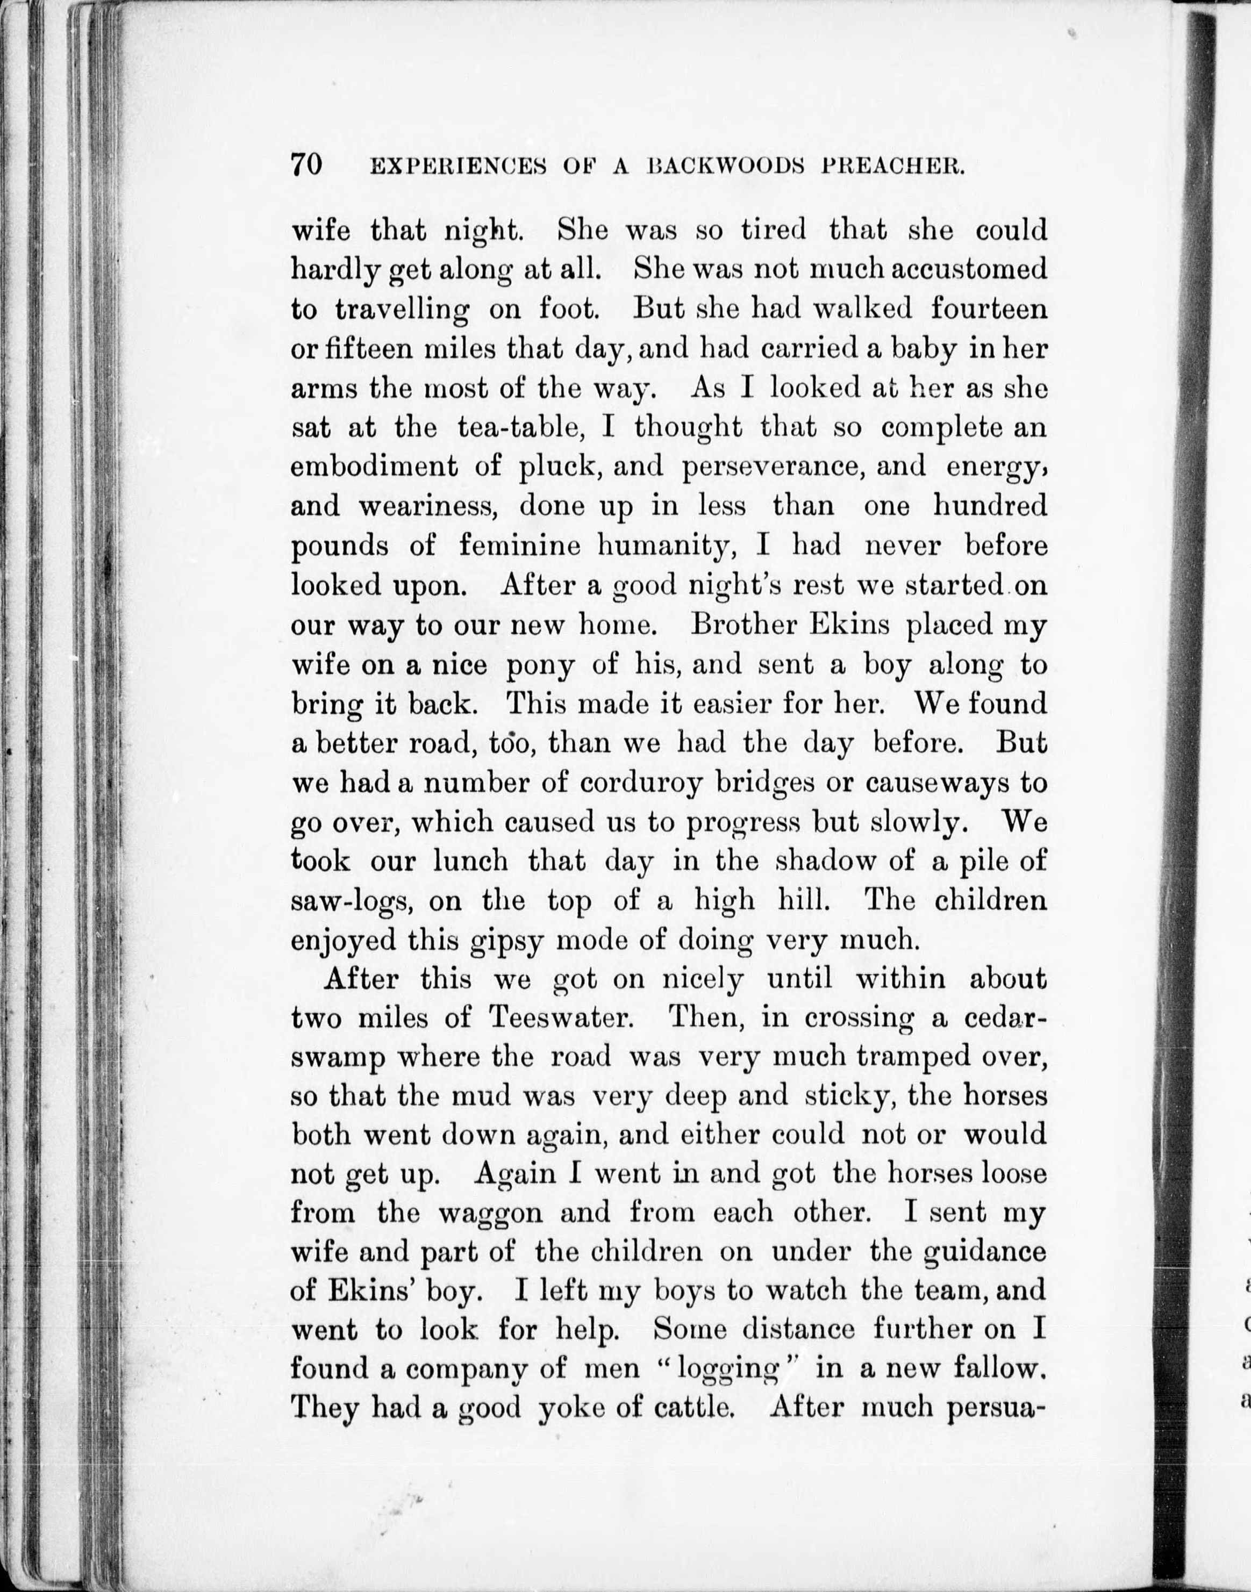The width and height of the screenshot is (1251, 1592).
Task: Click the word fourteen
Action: (989, 309)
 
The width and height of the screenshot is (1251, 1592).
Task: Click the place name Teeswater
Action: (560, 1018)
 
